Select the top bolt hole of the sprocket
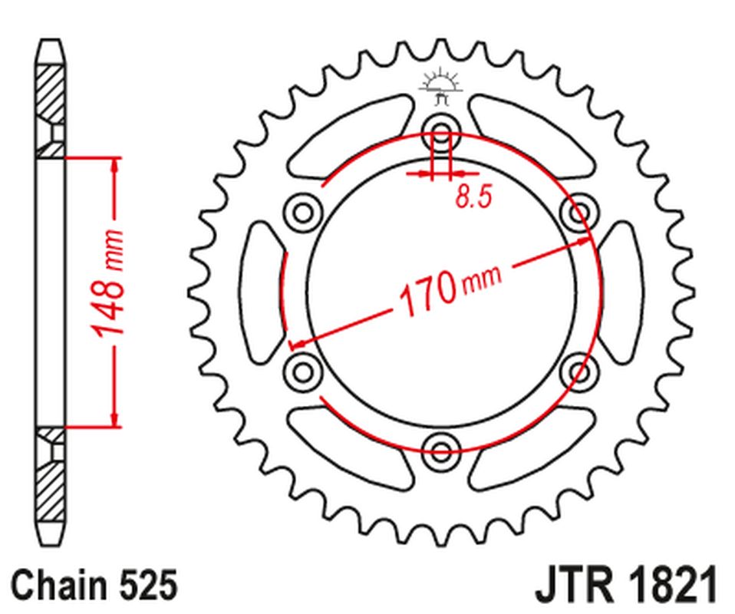[442, 129]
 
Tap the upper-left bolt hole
[303, 210]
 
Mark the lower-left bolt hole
[303, 371]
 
